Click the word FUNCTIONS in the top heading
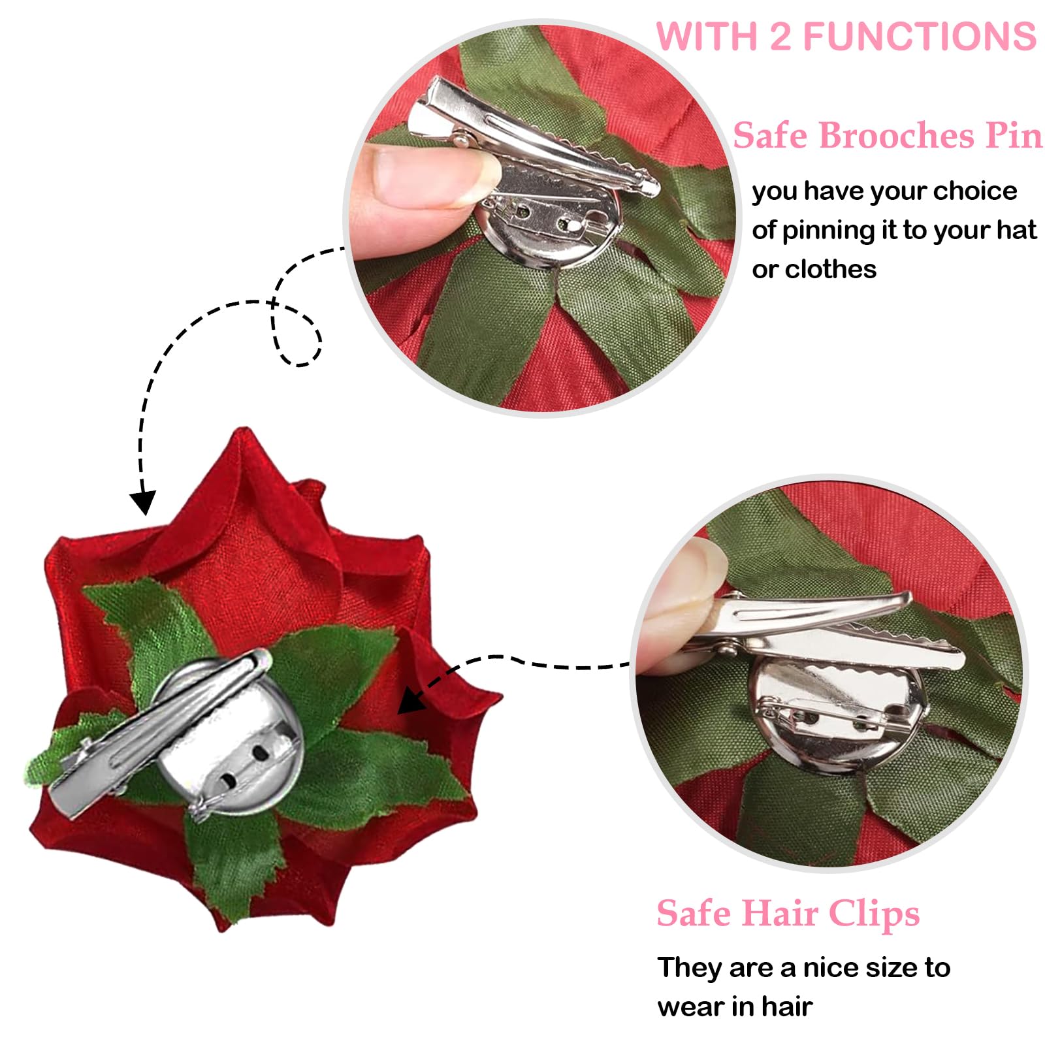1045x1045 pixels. click(x=919, y=37)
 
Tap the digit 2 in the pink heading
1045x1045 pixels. click(x=780, y=37)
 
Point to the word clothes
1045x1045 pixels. click(x=831, y=269)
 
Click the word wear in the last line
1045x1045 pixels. click(x=690, y=1006)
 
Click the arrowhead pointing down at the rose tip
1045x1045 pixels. click(x=142, y=502)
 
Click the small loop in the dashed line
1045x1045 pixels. click(x=297, y=333)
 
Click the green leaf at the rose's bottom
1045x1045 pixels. click(x=229, y=862)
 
